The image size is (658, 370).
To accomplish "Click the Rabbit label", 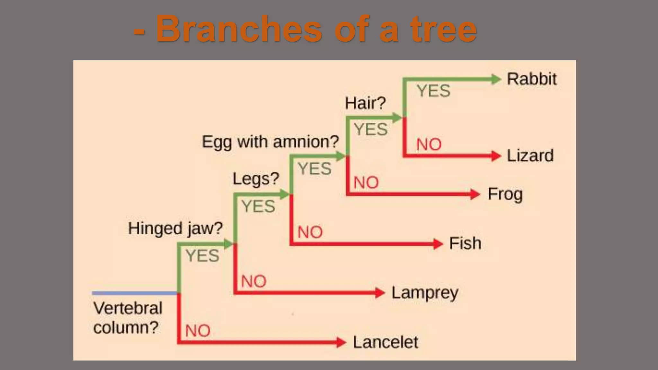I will (x=531, y=79).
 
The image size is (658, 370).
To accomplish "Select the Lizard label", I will (x=530, y=156).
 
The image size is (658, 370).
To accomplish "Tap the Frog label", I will (x=505, y=194).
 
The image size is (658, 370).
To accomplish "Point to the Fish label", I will (x=465, y=243).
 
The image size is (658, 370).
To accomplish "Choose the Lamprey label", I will (x=425, y=293).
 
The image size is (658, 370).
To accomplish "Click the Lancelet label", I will (x=386, y=342).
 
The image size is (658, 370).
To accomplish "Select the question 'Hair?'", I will (x=365, y=103).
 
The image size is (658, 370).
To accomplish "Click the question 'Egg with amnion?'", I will (x=270, y=142).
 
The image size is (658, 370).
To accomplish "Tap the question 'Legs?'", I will (x=256, y=179).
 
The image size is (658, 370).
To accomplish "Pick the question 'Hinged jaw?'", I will (x=175, y=228).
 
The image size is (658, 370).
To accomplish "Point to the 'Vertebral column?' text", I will (x=127, y=318).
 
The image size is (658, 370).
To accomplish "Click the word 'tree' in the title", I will (x=443, y=30).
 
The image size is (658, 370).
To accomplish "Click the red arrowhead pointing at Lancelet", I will (x=341, y=342).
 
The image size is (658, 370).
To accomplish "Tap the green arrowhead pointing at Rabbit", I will (x=496, y=79).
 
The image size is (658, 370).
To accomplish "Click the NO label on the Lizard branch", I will (x=429, y=144).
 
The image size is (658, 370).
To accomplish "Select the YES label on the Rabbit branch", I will (x=433, y=91).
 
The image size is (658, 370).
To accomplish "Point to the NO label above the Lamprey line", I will (x=253, y=281).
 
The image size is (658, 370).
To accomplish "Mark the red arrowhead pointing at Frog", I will (x=475, y=194).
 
